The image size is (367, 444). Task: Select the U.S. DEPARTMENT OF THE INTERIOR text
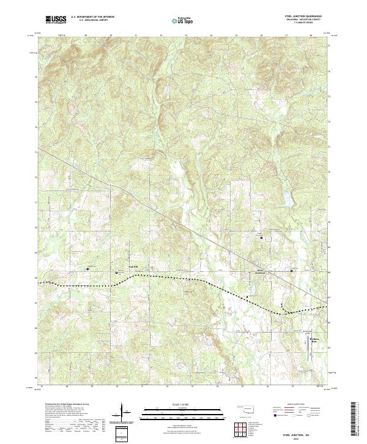(x=92, y=17)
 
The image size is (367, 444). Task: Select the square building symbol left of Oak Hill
(x=87, y=268)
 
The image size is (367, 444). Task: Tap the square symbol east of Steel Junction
(x=291, y=270)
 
